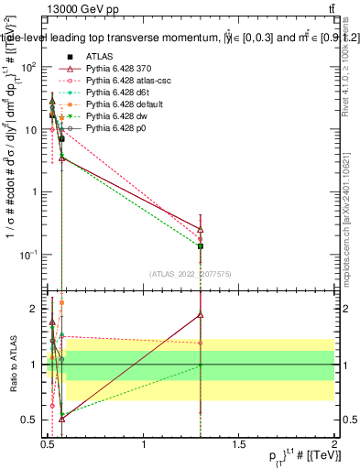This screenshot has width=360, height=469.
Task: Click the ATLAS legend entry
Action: (100, 55)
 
